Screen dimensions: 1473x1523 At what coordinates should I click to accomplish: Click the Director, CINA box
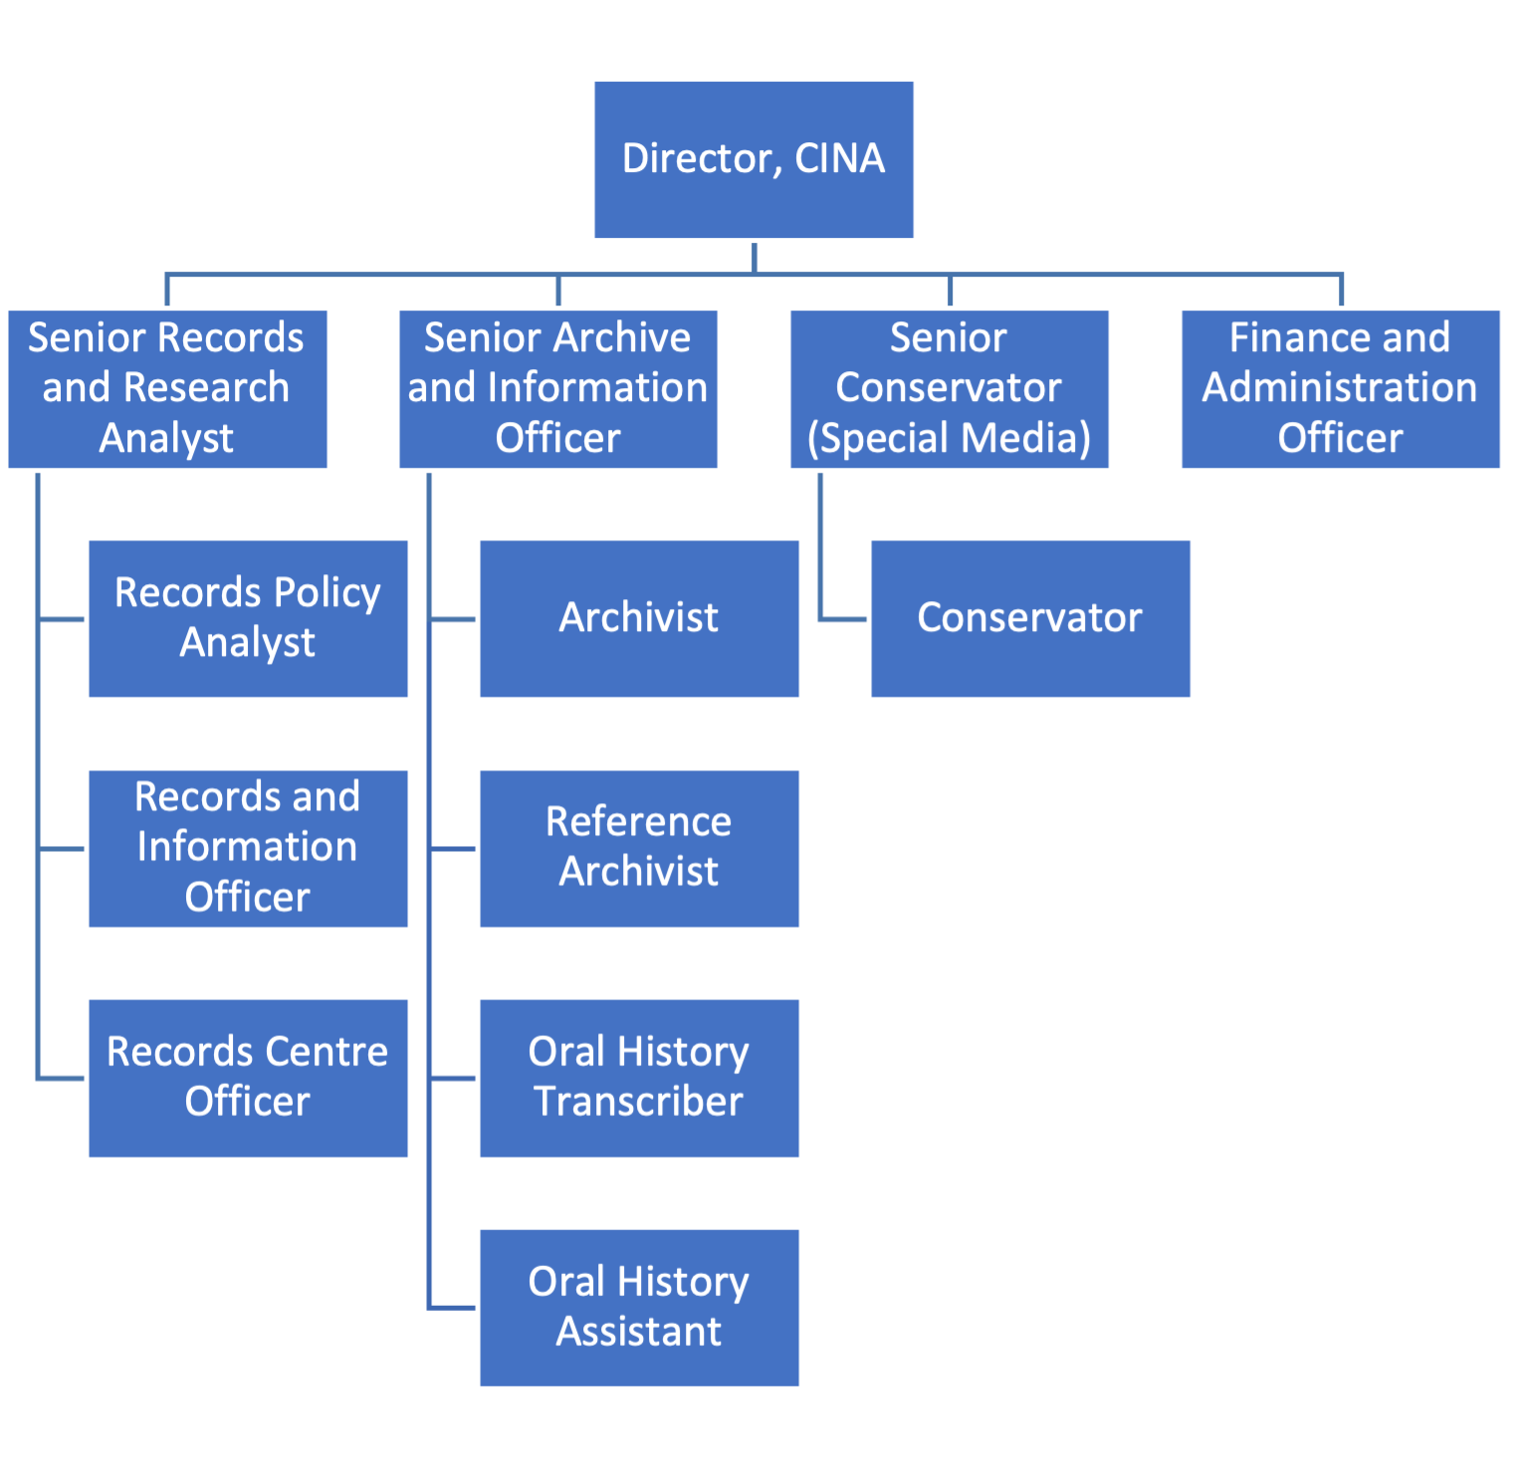pyautogui.click(x=754, y=159)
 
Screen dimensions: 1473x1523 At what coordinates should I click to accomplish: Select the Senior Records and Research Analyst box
pyautogui.click(x=167, y=388)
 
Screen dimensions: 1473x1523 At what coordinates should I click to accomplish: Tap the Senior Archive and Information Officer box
pyautogui.click(x=558, y=388)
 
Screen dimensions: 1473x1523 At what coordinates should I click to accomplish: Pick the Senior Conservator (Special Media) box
pyautogui.click(x=950, y=388)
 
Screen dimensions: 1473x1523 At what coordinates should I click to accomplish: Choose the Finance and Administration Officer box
pyautogui.click(x=1341, y=388)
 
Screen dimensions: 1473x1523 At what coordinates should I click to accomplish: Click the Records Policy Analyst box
pyautogui.click(x=248, y=619)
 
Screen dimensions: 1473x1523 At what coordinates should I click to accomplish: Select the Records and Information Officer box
pyautogui.click(x=248, y=848)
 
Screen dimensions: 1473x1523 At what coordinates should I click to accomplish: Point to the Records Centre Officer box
pyautogui.click(x=248, y=1078)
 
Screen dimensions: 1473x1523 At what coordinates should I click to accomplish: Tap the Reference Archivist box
pyautogui.click(x=639, y=848)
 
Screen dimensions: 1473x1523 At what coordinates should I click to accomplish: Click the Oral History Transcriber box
pyautogui.click(x=639, y=1078)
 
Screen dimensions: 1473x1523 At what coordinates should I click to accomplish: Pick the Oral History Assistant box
pyautogui.click(x=639, y=1308)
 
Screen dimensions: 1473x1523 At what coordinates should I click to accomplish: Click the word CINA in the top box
pyautogui.click(x=839, y=158)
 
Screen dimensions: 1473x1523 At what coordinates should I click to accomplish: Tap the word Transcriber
pyautogui.click(x=639, y=1102)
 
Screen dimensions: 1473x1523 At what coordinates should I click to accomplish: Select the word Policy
pyautogui.click(x=326, y=593)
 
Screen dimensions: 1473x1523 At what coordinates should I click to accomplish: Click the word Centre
pyautogui.click(x=326, y=1052)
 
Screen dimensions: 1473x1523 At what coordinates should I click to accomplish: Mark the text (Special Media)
pyautogui.click(x=950, y=439)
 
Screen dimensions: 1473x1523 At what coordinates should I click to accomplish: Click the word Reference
pyautogui.click(x=639, y=822)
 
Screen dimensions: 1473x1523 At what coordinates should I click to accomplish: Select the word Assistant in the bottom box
pyautogui.click(x=639, y=1332)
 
